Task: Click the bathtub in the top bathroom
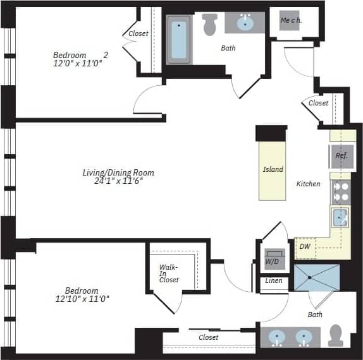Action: click(x=179, y=39)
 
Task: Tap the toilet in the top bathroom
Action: click(x=210, y=24)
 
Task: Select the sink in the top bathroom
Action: click(x=245, y=23)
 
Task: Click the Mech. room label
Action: click(x=291, y=20)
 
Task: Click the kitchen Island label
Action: click(x=273, y=169)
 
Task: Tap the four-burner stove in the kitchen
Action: click(x=341, y=191)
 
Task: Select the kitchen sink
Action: click(x=340, y=219)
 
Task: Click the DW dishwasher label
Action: click(x=305, y=247)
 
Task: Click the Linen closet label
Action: click(x=274, y=280)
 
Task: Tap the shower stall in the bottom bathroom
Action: click(x=316, y=278)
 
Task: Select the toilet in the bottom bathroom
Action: click(x=336, y=334)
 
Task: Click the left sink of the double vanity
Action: click(x=278, y=338)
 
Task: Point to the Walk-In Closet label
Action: click(x=168, y=273)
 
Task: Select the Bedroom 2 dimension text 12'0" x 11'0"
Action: click(x=77, y=64)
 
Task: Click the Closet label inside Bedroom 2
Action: click(x=138, y=33)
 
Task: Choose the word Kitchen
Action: click(x=309, y=184)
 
